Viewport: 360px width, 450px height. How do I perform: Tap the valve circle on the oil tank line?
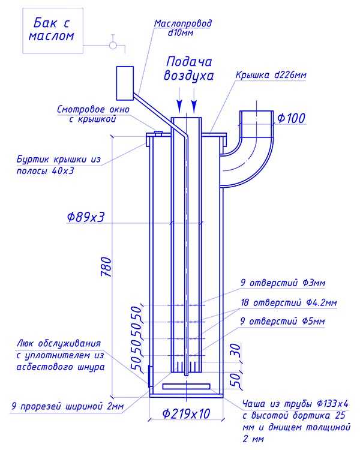[x=113, y=46]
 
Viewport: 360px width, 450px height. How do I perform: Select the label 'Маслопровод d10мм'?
[x=182, y=28]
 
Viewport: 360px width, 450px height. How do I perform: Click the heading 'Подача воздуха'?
[x=188, y=69]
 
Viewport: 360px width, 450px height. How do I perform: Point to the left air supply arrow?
[x=180, y=100]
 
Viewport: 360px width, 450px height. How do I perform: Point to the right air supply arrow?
[x=194, y=100]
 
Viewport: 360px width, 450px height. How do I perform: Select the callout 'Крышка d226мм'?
[x=271, y=75]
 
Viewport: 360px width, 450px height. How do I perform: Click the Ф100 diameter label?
[x=291, y=118]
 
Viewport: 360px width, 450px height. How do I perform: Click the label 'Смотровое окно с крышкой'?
[x=94, y=114]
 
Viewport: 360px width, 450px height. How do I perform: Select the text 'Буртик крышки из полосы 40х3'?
[x=59, y=165]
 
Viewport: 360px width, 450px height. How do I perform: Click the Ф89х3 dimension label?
[x=86, y=217]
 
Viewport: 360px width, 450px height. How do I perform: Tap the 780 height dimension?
[x=106, y=266]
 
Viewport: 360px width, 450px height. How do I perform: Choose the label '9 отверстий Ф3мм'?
[x=283, y=283]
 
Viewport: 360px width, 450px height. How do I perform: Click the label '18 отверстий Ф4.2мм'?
[x=289, y=302]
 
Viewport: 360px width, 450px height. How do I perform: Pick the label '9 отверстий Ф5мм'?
[x=283, y=321]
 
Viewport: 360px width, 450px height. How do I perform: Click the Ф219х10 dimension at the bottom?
[x=186, y=413]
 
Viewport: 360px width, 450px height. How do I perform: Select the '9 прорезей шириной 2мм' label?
[x=68, y=406]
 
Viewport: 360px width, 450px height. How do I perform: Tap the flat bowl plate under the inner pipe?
[x=187, y=386]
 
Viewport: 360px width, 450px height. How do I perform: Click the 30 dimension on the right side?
[x=235, y=351]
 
